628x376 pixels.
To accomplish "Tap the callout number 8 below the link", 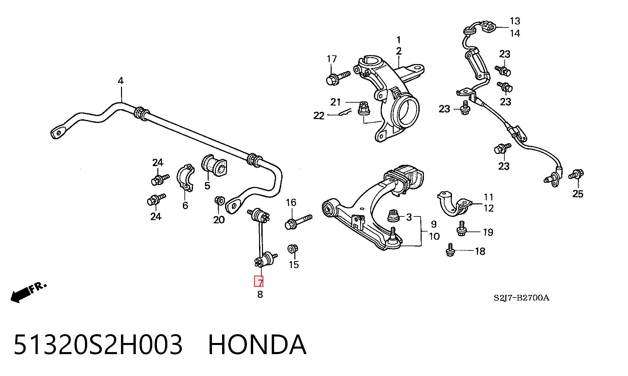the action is (x=260, y=294).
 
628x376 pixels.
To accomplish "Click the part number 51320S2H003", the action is (x=97, y=344).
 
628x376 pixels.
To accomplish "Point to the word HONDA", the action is (x=257, y=344).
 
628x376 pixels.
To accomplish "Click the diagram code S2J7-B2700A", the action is (x=521, y=298).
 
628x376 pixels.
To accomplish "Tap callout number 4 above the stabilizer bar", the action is (x=121, y=81).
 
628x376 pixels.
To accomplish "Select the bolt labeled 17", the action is (x=338, y=78).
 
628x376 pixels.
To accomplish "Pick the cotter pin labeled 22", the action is (x=344, y=112).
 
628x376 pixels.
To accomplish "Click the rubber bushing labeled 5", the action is (x=214, y=165).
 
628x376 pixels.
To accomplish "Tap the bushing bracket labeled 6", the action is (x=185, y=178).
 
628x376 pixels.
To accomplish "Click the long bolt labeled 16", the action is (x=299, y=222).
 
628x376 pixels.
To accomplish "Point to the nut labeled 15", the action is (x=292, y=249).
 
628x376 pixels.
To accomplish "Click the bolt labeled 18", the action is (x=450, y=250).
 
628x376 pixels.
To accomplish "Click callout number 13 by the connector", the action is (x=515, y=21).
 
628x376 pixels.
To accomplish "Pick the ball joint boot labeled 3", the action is (x=394, y=215).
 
